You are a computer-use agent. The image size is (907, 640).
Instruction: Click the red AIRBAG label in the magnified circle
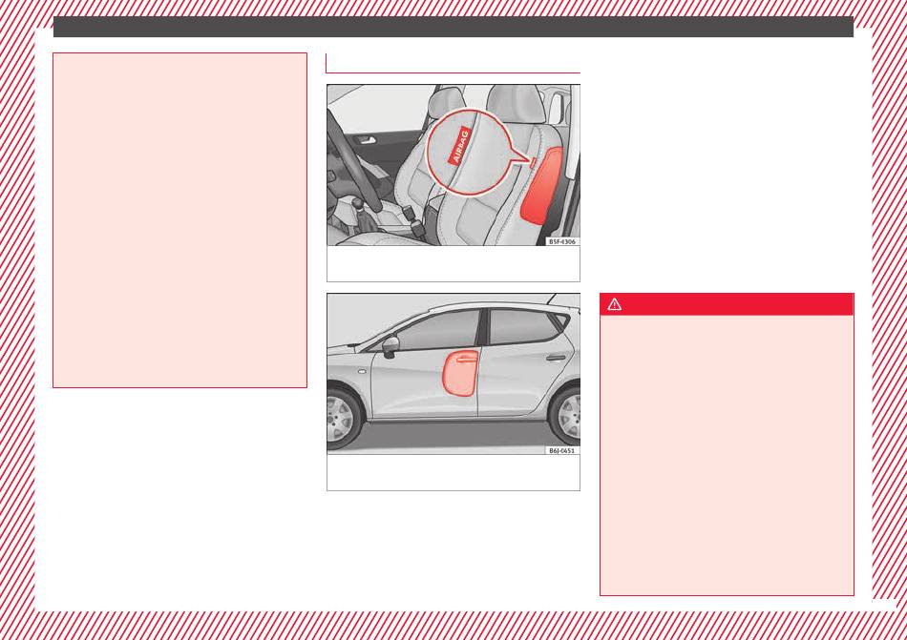pyautogui.click(x=460, y=146)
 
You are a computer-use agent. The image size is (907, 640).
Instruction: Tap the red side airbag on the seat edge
pyautogui.click(x=542, y=186)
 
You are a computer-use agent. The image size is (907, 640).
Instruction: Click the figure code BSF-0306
pyautogui.click(x=562, y=242)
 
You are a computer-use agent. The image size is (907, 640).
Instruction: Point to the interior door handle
pyautogui.click(x=367, y=140)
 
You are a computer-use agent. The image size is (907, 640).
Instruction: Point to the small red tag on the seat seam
pyautogui.click(x=533, y=163)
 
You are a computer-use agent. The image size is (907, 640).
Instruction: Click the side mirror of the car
pyautogui.click(x=390, y=345)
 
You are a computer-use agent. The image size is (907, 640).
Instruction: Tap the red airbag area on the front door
pyautogui.click(x=460, y=373)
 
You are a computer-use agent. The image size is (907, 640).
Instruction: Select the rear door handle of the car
pyautogui.click(x=556, y=358)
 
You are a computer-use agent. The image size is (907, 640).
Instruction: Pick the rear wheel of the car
pyautogui.click(x=567, y=416)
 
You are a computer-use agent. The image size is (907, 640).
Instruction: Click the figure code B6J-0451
pyautogui.click(x=562, y=450)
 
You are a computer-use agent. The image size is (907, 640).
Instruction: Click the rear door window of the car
pyautogui.click(x=522, y=326)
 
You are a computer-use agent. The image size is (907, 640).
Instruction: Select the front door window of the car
pyautogui.click(x=438, y=331)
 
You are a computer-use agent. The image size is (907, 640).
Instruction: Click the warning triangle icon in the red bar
pyautogui.click(x=614, y=304)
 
